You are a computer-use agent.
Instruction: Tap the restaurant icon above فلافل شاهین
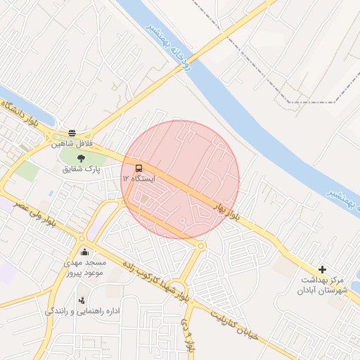(x=72, y=132)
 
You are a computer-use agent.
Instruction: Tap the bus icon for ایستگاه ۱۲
(x=139, y=168)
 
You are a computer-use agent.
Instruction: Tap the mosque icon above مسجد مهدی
(x=85, y=252)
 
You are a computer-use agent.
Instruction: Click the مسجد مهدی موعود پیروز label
(x=84, y=266)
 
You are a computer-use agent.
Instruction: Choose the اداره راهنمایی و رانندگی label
(x=82, y=311)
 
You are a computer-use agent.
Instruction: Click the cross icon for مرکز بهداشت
(x=322, y=269)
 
